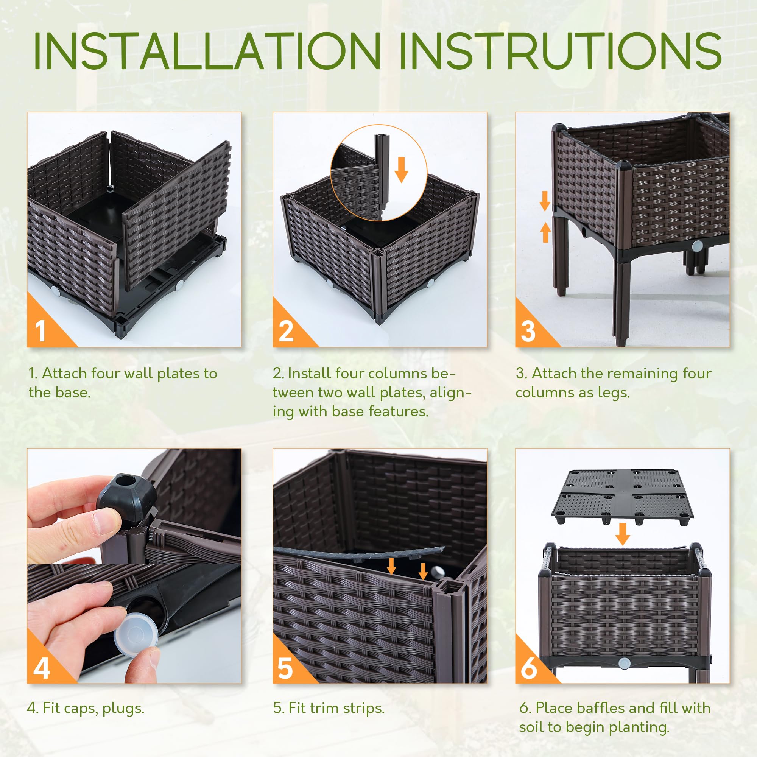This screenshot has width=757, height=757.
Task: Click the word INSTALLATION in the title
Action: [207, 51]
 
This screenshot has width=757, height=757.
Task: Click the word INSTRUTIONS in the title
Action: [560, 51]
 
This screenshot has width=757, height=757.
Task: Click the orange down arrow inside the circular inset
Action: [401, 169]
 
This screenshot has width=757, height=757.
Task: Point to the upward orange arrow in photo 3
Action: [545, 232]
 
